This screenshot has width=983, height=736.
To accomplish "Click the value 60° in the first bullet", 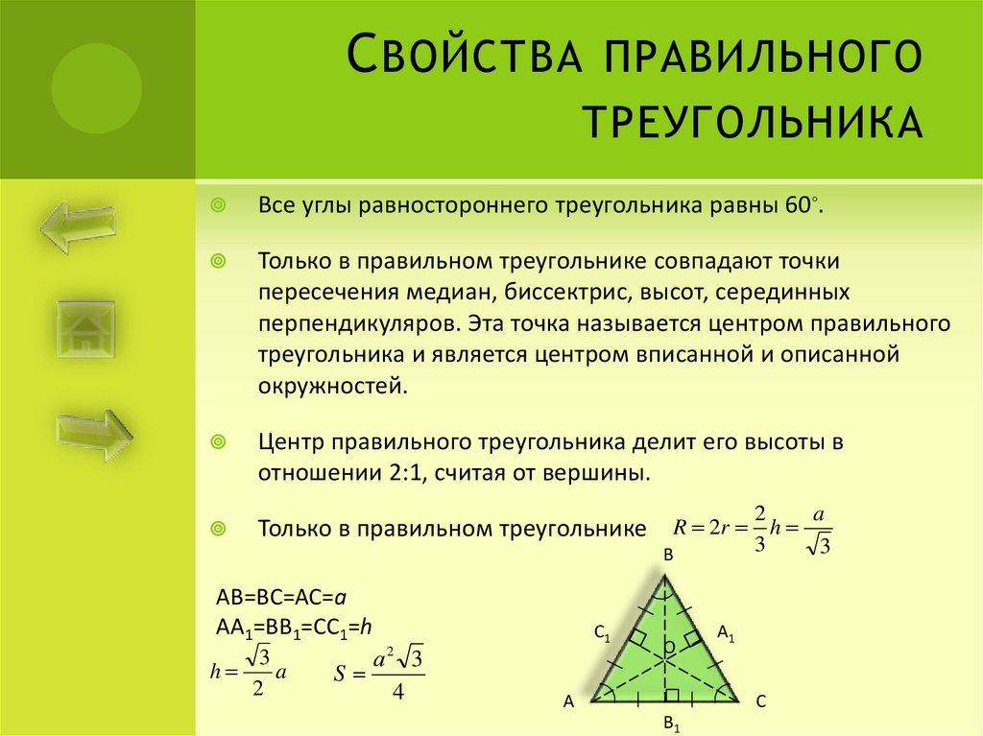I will click(x=803, y=207).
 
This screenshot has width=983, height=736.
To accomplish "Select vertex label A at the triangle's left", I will click(x=568, y=701).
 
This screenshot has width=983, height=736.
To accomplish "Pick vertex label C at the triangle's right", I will click(x=760, y=701).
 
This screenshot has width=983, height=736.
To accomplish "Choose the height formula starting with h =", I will click(x=249, y=672).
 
